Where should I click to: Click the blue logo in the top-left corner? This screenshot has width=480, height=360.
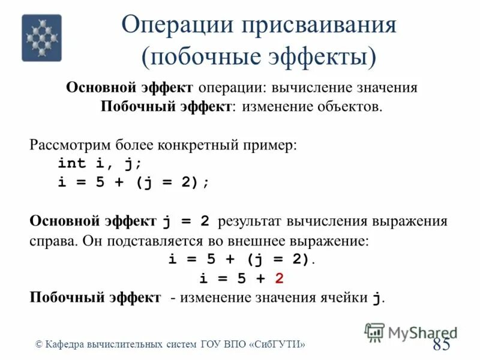pos(41,38)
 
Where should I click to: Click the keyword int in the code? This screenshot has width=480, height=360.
pos(72,164)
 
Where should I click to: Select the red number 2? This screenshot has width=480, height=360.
pos(279,279)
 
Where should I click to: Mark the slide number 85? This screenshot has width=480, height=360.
pos(441,344)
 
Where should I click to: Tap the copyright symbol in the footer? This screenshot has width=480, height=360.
pos(40,344)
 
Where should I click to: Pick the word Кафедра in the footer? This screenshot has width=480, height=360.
pos(65,344)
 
